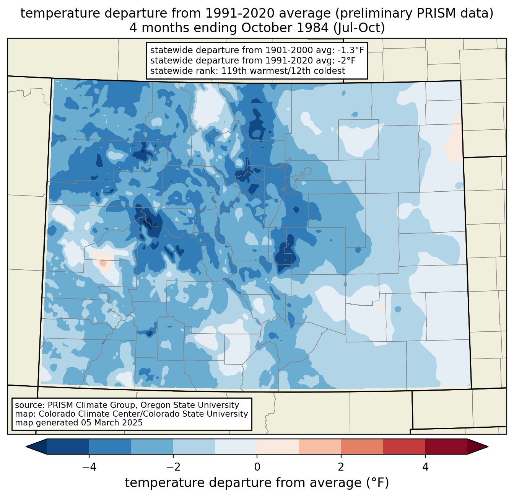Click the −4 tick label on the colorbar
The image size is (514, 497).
[89, 467]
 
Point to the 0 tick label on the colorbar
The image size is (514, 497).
[257, 467]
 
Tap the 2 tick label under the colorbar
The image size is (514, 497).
[341, 467]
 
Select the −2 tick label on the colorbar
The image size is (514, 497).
[173, 467]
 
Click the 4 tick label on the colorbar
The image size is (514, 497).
[425, 467]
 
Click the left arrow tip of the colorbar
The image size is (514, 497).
[26, 447]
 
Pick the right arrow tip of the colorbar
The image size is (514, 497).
[488, 447]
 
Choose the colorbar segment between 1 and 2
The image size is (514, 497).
[320, 447]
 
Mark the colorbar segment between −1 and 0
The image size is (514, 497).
[236, 447]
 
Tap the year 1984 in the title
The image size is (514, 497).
[313, 28]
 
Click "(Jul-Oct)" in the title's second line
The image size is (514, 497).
[359, 28]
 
